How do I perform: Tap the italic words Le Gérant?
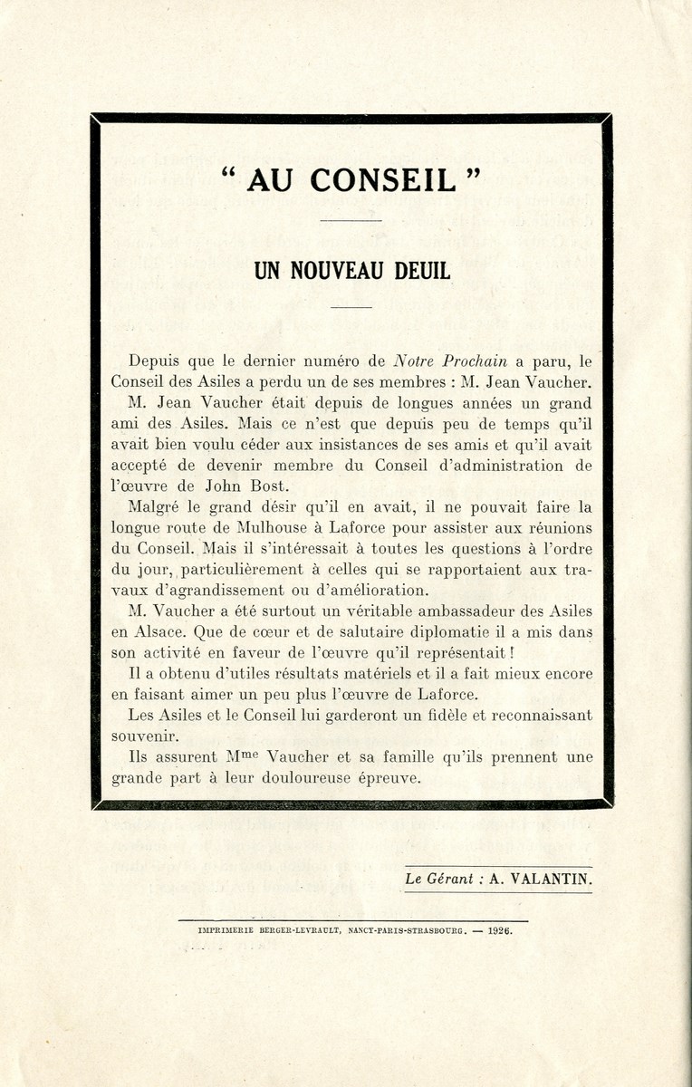pyautogui.click(x=441, y=878)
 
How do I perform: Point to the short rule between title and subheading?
pyautogui.click(x=345, y=220)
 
